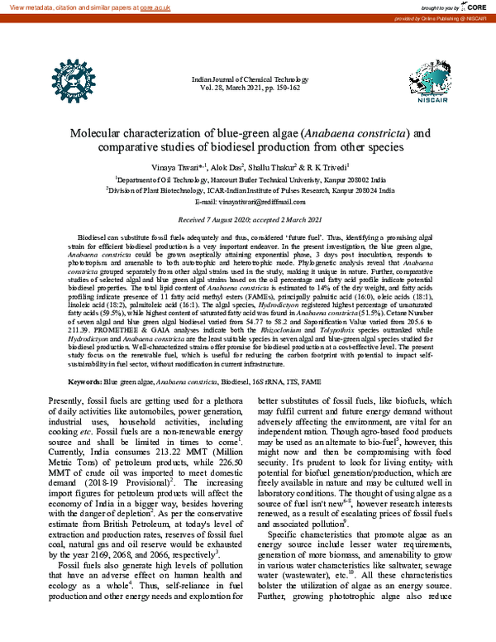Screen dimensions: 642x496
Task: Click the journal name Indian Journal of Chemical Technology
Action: pos(247,76)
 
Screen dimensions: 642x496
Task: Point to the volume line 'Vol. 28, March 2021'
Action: pos(247,85)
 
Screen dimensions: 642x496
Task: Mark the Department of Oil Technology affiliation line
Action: pos(247,178)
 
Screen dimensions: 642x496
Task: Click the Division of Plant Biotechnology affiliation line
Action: pos(247,189)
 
